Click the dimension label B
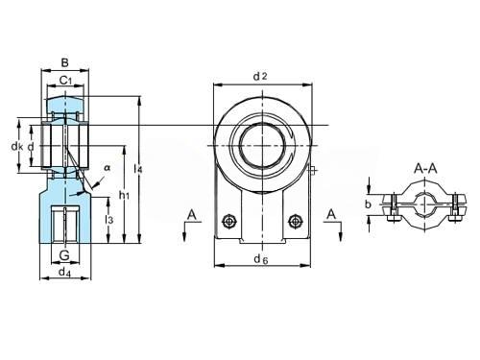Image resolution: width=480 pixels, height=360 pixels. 64,62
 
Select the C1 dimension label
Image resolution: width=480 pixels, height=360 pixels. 65,81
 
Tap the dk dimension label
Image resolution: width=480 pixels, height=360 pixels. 17,147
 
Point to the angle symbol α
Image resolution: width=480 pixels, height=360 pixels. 108,167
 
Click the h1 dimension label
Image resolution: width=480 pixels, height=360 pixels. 124,194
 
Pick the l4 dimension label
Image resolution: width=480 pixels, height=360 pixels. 138,169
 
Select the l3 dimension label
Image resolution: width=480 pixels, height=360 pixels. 109,220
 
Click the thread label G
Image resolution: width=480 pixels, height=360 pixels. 64,255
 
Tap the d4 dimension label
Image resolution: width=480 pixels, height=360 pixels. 65,273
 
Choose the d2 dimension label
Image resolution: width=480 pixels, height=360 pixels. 260,76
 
